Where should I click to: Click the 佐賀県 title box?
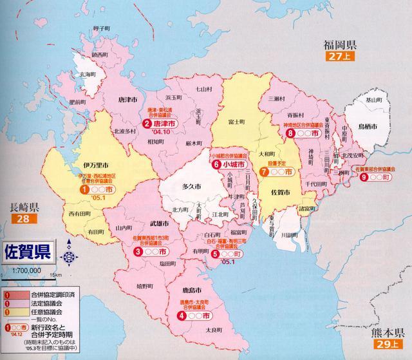pyautogui.click(x=30, y=249)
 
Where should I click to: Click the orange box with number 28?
pyautogui.click(x=22, y=220)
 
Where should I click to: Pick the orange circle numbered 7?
pyautogui.click(x=265, y=172)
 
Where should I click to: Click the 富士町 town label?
pyautogui.click(x=238, y=120)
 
